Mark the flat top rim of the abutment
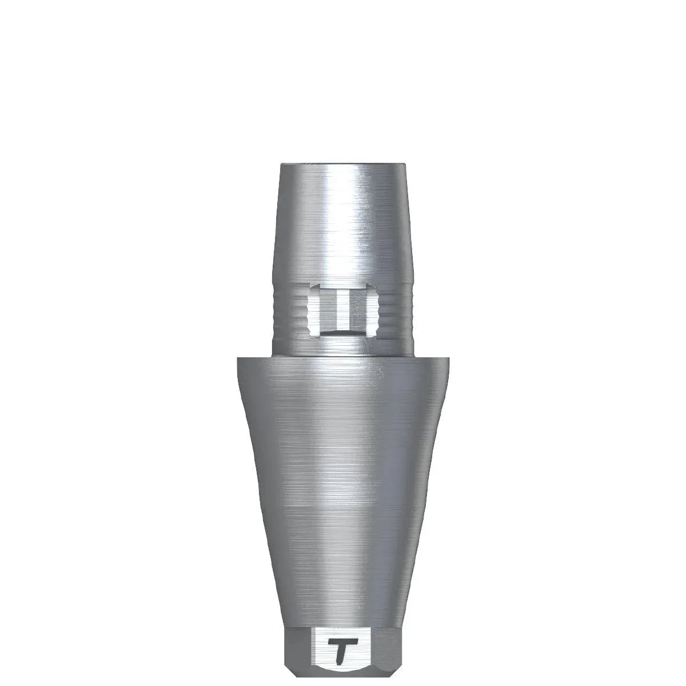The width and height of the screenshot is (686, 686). click(343, 166)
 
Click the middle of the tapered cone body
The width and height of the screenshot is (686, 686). click(343, 486)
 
